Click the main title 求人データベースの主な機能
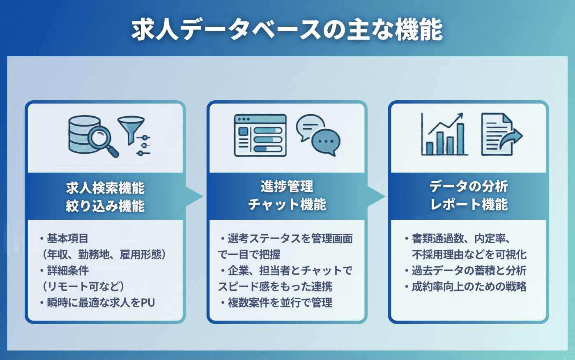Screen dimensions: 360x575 coord(287,30)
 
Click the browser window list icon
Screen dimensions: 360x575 coord(260,135)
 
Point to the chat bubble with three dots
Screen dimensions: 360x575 coord(326,142)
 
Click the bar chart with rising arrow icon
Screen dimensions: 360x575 coord(444,135)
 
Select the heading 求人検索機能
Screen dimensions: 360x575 coord(105,188)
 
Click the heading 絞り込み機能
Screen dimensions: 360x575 coord(105,206)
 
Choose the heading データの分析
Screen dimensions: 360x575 coord(469,187)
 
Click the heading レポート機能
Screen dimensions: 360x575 coord(469,204)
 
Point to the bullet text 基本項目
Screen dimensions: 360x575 coord(67,238)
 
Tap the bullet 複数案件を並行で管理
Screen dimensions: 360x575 coord(280,303)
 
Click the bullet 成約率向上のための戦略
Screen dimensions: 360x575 coord(469,286)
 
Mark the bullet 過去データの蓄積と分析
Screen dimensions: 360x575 coord(469,270)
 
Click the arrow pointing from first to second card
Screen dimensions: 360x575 coord(194,196)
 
